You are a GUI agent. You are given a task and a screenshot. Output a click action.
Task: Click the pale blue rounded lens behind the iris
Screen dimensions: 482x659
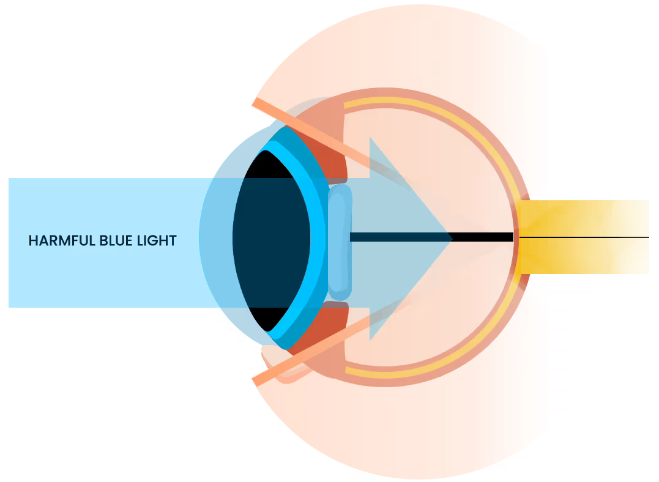(x=340, y=242)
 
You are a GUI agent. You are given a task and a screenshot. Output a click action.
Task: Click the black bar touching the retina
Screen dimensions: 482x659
(x=483, y=237)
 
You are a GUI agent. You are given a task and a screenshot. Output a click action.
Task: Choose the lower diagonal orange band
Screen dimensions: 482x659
(x=306, y=355)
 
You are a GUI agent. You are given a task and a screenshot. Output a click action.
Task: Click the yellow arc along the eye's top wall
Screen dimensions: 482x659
(x=428, y=107)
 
